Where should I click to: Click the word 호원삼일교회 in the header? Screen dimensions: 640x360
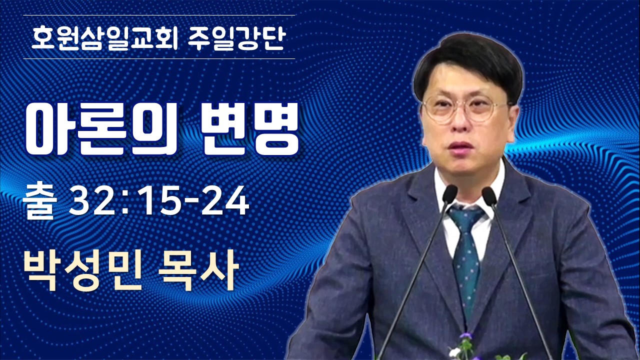pos(104,38)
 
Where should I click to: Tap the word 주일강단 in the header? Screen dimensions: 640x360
pos(237,38)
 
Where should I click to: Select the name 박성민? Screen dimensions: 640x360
pos(82,270)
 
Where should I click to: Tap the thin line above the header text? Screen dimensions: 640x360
pos(159,15)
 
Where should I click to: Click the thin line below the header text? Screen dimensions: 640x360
pos(159,58)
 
